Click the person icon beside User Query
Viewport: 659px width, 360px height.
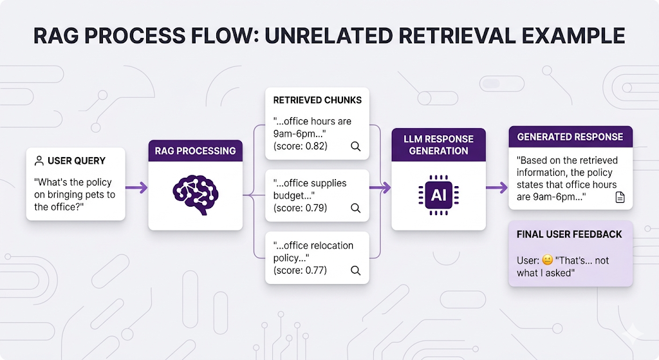tap(39, 160)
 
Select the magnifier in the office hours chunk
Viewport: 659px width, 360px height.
tap(355, 146)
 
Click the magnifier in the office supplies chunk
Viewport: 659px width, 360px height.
tap(355, 208)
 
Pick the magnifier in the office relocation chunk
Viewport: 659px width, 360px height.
tap(355, 270)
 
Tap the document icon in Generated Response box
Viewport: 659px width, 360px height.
tap(620, 198)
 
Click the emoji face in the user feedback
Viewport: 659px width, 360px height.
tap(547, 261)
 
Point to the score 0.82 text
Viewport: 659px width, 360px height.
tap(300, 146)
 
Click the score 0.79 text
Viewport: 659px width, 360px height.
tap(300, 208)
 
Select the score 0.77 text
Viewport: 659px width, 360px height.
tap(300, 270)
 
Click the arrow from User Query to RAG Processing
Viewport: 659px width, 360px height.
tap(136, 187)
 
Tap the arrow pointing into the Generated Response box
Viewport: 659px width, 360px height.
tap(496, 187)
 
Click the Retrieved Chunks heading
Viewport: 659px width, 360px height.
tap(317, 100)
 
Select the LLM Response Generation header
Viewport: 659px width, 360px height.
tap(438, 145)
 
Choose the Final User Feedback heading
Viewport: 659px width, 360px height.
tap(570, 234)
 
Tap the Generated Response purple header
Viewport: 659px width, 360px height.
tap(570, 137)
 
